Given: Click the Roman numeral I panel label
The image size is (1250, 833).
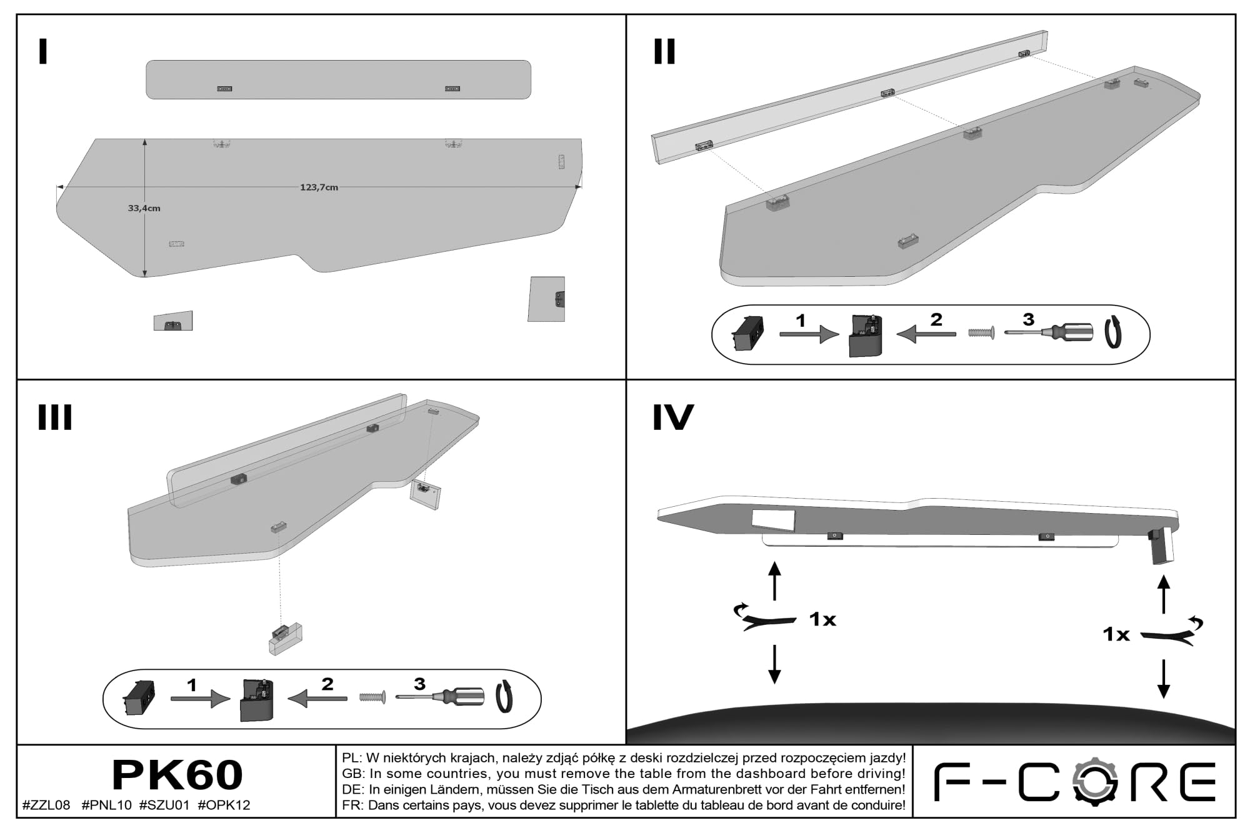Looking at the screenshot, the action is [43, 52].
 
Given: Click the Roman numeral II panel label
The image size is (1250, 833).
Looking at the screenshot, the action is [664, 52].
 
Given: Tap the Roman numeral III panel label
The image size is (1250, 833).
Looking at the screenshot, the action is [55, 417].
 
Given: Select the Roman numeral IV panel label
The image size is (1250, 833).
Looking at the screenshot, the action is [673, 417].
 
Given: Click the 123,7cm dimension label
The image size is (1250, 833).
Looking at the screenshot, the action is [319, 187].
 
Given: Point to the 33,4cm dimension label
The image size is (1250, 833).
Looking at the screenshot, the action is [144, 208].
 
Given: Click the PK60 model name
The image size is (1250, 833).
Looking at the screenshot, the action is [177, 775].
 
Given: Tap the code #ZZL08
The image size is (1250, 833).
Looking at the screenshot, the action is [46, 805].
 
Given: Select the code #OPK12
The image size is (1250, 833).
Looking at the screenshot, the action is [224, 805].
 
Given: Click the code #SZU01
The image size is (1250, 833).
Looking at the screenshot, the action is [164, 805].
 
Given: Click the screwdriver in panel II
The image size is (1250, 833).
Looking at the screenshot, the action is [1049, 332].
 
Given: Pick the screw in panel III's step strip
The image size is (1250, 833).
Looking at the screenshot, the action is [372, 696].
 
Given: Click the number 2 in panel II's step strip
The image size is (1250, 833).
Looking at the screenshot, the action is [936, 319].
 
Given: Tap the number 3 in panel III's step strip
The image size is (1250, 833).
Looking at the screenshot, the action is [419, 684].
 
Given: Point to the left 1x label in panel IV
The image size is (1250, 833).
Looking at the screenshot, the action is [822, 619].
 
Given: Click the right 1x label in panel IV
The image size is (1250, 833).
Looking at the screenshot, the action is [1116, 634].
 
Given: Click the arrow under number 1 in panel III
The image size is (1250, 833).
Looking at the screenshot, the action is [201, 699].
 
